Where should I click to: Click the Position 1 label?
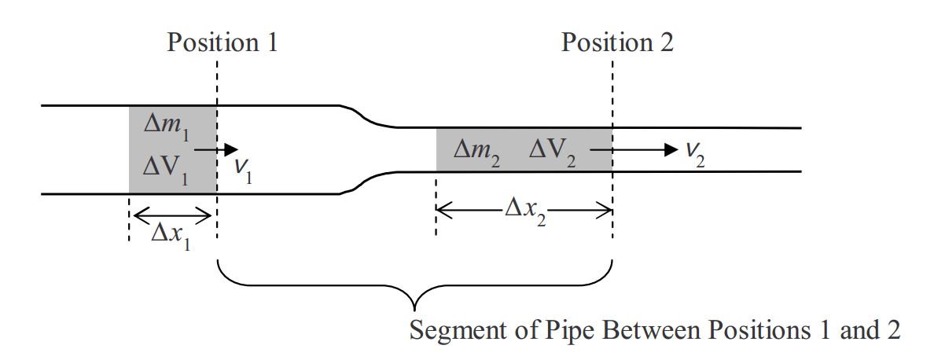(222, 42)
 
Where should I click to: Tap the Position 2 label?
(617, 42)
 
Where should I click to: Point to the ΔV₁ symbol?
(167, 168)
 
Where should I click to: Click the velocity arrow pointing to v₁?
(215, 149)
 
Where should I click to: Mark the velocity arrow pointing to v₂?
(645, 149)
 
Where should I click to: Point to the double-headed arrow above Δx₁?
(172, 214)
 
